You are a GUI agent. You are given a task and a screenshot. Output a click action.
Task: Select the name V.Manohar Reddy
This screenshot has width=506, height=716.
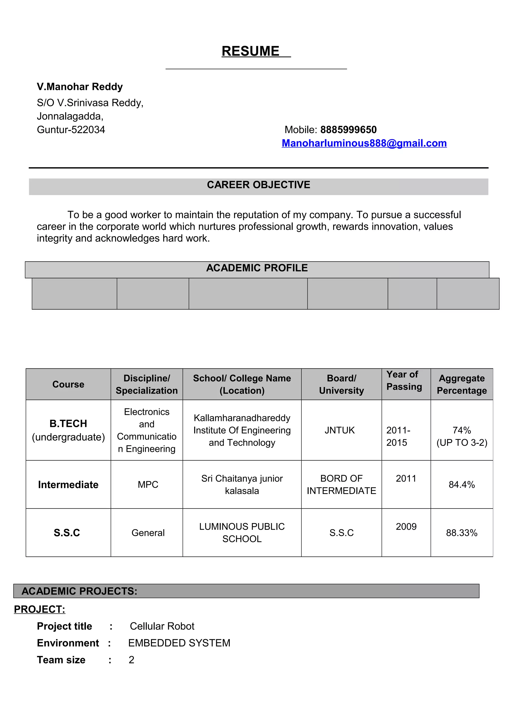(x=80, y=87)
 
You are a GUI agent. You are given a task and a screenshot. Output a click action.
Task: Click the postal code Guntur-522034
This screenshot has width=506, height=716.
(x=71, y=130)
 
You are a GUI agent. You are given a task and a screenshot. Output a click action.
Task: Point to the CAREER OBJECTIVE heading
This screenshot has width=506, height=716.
(x=258, y=185)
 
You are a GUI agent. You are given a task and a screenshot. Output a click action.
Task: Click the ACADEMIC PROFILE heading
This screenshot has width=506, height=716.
(x=257, y=268)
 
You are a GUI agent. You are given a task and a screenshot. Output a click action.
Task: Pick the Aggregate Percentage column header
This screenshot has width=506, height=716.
(x=462, y=384)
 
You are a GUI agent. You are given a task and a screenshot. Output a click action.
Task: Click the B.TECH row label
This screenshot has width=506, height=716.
(x=68, y=424)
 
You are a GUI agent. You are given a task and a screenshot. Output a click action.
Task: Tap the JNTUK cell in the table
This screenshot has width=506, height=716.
(x=339, y=430)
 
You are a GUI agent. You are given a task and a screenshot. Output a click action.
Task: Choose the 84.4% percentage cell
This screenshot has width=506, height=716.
(x=462, y=484)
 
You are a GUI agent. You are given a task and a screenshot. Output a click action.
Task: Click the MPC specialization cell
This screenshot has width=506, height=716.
(x=148, y=484)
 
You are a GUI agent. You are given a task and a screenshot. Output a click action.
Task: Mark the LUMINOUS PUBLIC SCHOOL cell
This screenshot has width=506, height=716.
(x=242, y=533)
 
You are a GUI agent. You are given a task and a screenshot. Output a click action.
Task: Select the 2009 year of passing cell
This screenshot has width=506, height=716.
(x=406, y=527)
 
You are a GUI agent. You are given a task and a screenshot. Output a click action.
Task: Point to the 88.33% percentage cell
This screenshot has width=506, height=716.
(x=462, y=533)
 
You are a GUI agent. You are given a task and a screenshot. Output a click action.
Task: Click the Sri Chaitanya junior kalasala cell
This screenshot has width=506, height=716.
(x=242, y=484)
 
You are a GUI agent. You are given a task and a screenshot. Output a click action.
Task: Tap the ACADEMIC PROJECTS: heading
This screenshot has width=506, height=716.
(x=80, y=591)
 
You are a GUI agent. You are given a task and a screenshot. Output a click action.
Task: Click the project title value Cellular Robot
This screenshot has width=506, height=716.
(x=162, y=626)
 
